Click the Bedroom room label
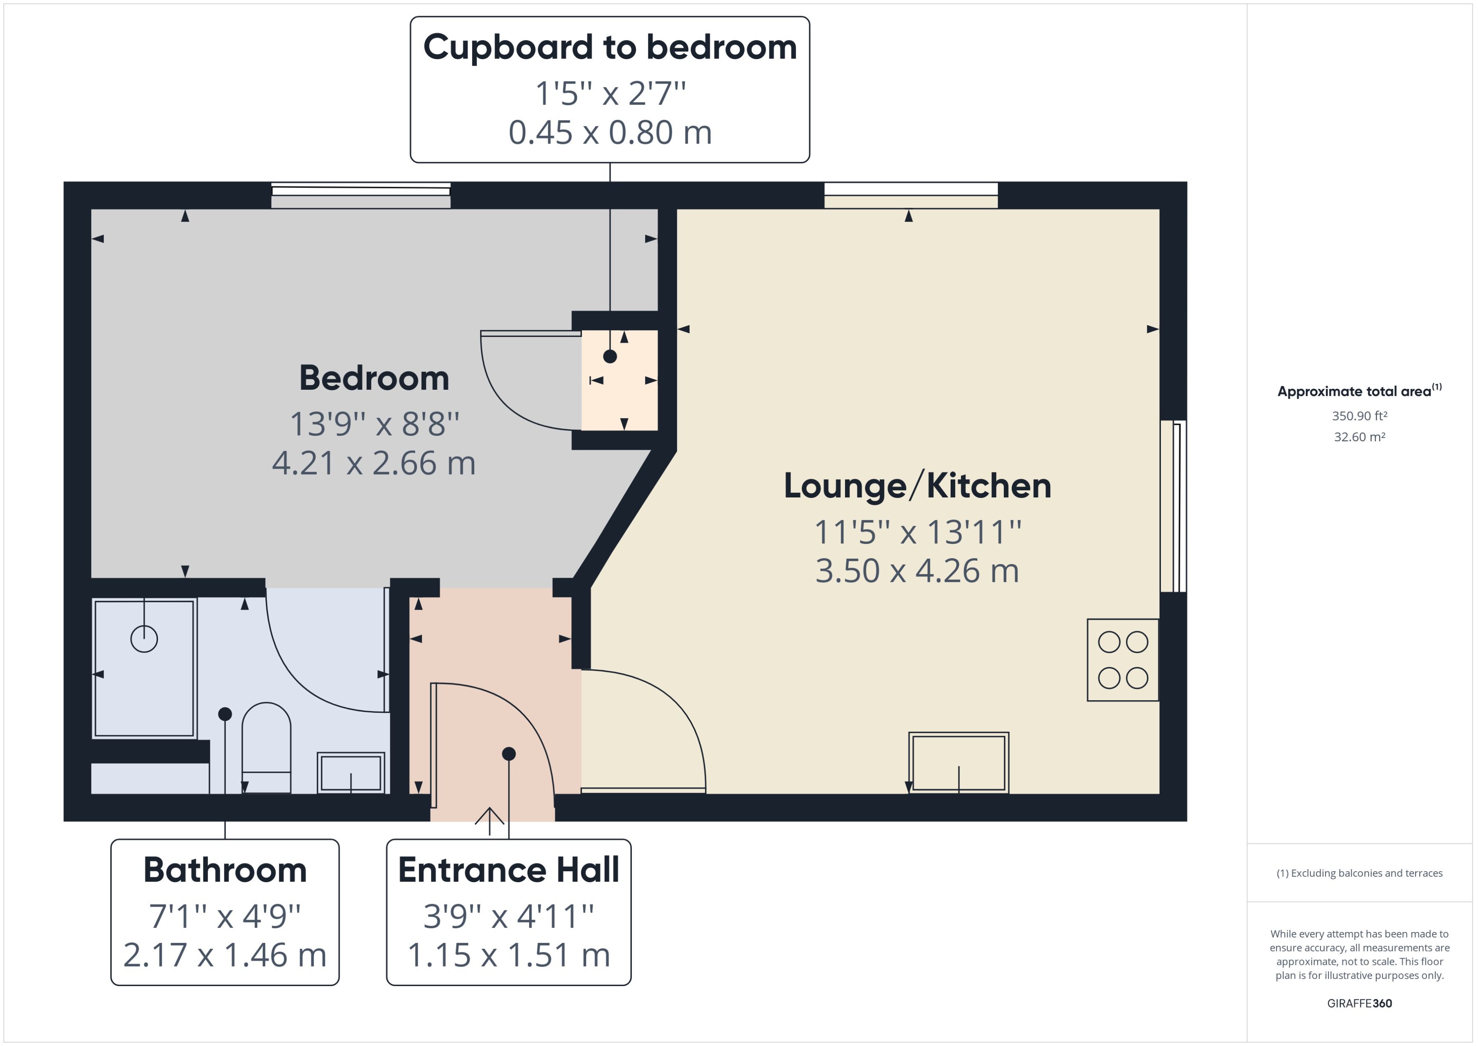point(374,378)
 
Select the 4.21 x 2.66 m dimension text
point(374,463)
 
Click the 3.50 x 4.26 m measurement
point(917,571)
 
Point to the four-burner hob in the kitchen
point(1122,660)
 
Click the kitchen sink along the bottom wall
point(958,763)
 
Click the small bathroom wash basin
point(350,772)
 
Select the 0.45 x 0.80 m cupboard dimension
point(610,133)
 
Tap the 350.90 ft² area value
point(1359,416)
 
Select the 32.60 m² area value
point(1359,437)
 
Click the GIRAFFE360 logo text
point(1359,1003)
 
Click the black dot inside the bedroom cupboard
point(610,356)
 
